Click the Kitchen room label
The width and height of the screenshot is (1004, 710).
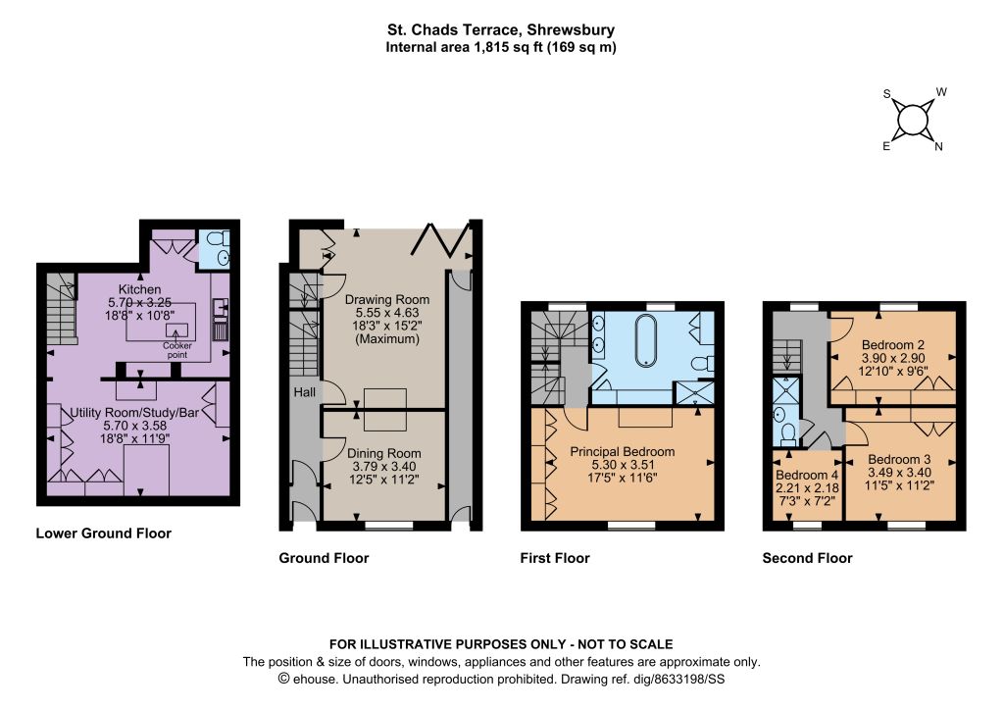[139, 289]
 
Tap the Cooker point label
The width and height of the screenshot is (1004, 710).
[177, 350]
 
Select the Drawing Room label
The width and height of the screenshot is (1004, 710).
[386, 300]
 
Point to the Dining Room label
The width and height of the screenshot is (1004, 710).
[384, 453]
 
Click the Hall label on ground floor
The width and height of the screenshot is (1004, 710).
[305, 392]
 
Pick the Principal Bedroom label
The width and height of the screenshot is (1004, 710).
[623, 451]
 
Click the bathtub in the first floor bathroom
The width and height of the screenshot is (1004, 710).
[645, 340]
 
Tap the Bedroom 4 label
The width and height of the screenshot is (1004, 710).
[806, 475]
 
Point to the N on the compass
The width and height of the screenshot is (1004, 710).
[938, 147]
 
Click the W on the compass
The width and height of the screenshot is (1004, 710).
[941, 92]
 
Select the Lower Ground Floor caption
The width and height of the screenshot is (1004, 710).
[104, 533]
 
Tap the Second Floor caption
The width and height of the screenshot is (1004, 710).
[807, 558]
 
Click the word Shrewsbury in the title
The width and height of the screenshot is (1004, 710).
[571, 29]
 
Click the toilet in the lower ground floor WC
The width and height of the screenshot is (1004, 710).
[218, 238]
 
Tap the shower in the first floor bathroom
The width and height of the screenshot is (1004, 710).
[695, 392]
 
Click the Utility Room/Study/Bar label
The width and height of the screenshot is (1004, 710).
[134, 413]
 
